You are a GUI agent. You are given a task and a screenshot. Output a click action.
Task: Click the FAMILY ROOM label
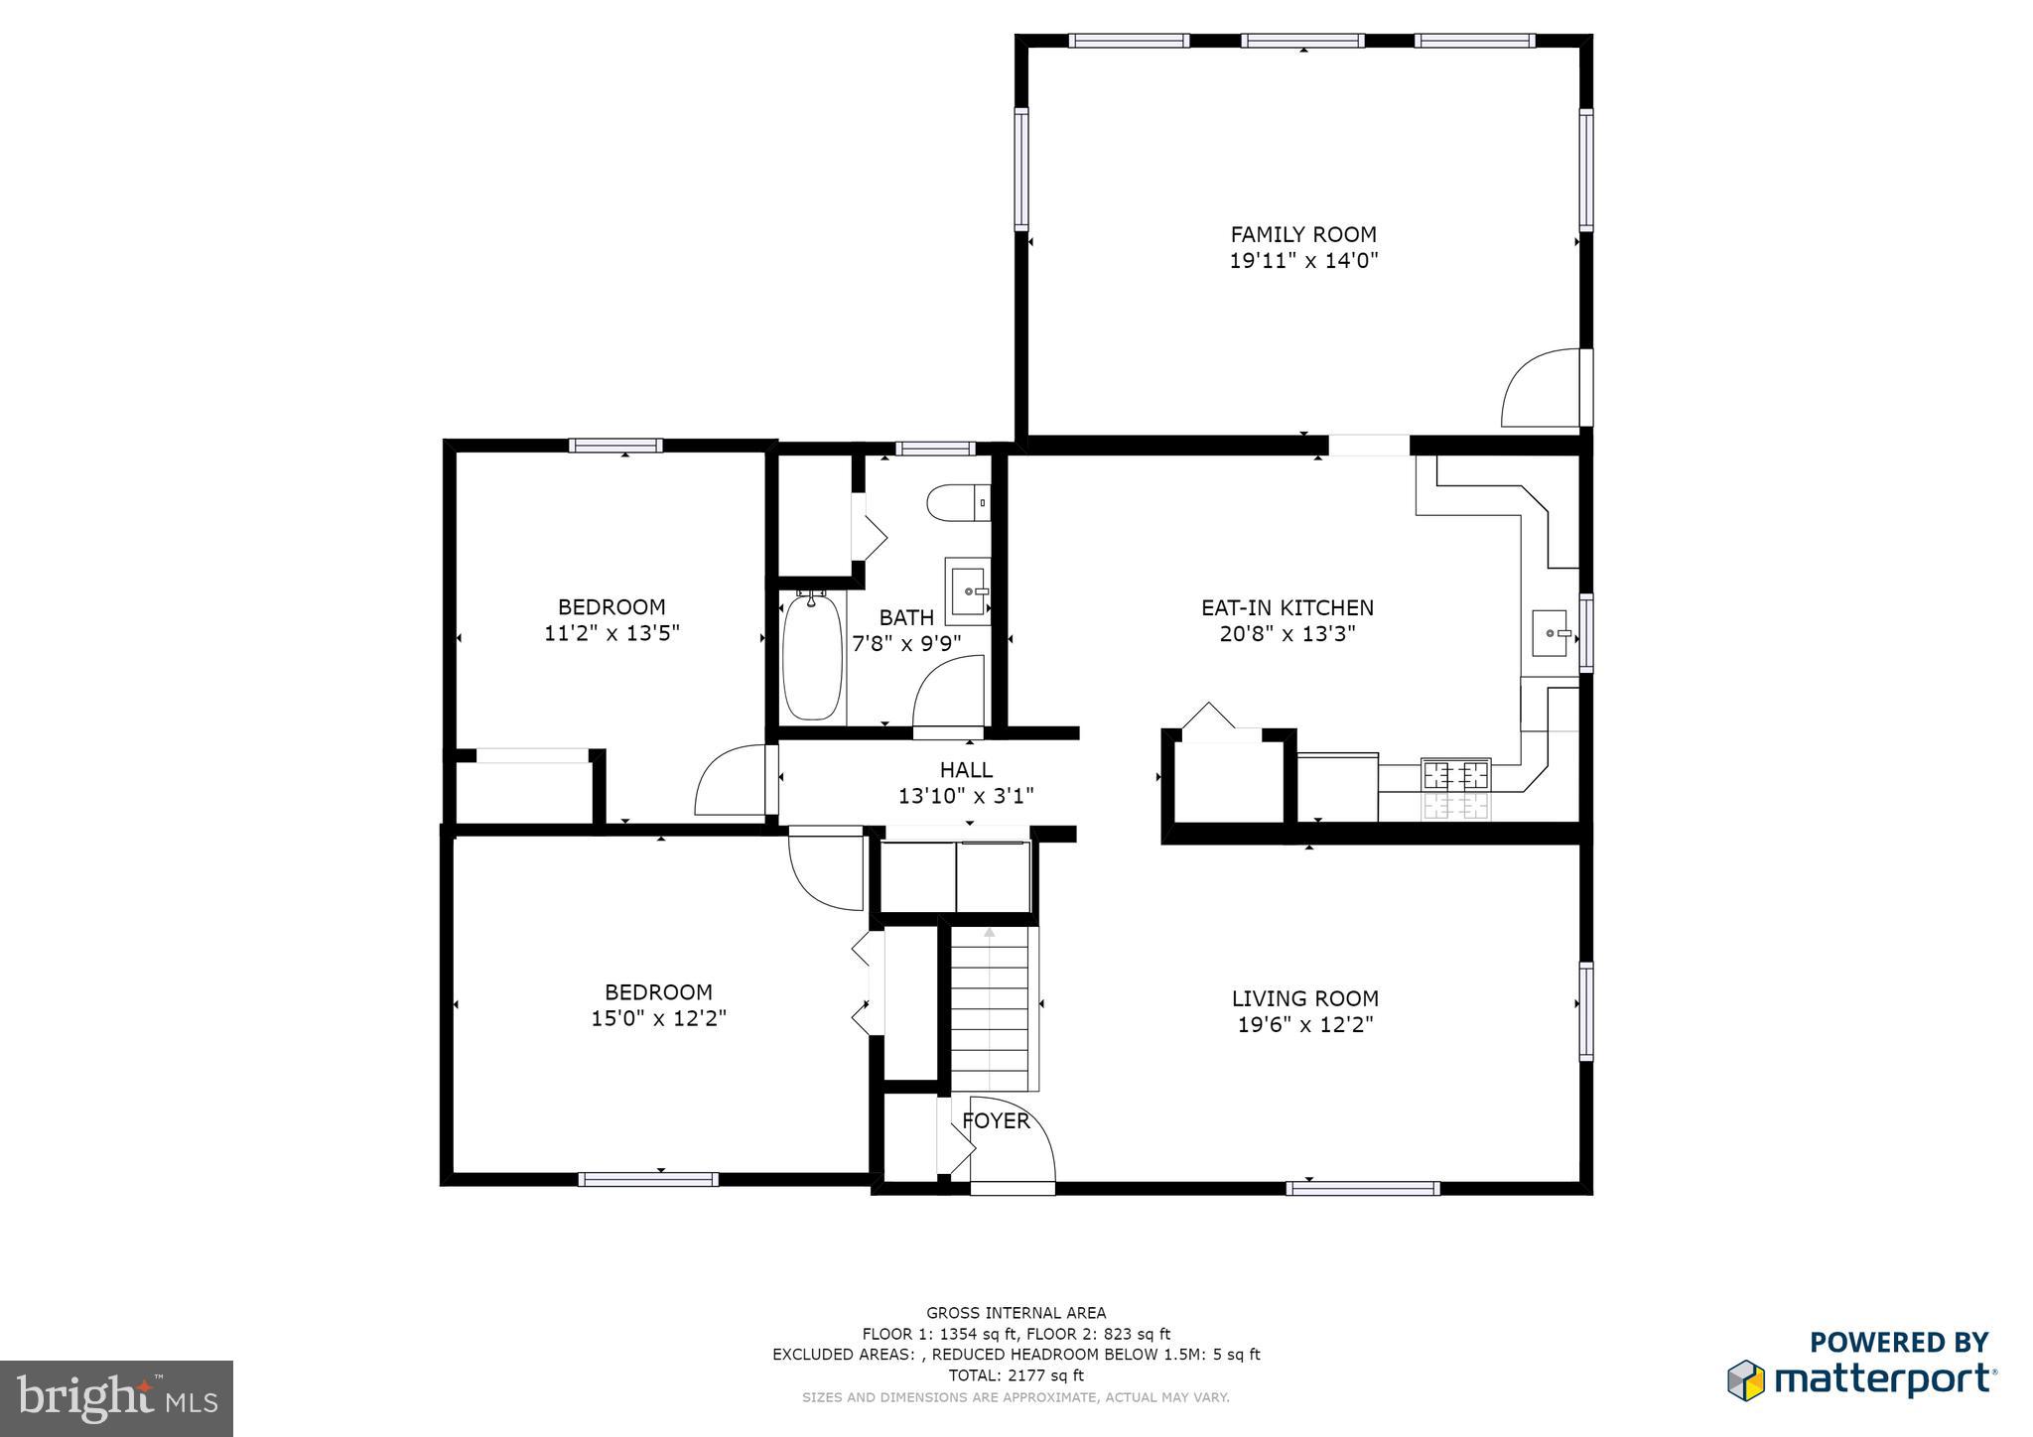click(x=1303, y=234)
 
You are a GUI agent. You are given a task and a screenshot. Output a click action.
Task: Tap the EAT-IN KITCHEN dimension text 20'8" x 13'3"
click(x=1288, y=634)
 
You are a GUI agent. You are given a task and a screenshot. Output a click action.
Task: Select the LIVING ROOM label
click(x=1305, y=998)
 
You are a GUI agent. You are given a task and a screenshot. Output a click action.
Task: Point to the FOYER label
click(x=996, y=1121)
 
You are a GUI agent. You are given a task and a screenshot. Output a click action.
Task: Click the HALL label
click(x=966, y=769)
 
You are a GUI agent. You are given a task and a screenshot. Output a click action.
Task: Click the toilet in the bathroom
click(x=959, y=503)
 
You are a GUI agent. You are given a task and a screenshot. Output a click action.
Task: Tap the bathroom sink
click(x=968, y=591)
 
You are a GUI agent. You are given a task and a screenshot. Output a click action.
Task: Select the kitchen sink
click(x=1550, y=634)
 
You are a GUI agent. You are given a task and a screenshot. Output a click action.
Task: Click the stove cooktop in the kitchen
click(x=1457, y=773)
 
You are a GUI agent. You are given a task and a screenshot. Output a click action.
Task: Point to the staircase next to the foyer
click(x=991, y=1008)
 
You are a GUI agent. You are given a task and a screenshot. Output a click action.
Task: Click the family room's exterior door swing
click(x=1541, y=388)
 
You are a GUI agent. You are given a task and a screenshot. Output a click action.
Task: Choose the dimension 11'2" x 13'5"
click(x=611, y=633)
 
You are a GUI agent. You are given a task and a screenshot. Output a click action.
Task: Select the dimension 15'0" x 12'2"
click(x=659, y=1018)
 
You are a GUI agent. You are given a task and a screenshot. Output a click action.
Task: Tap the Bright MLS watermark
click(x=117, y=1397)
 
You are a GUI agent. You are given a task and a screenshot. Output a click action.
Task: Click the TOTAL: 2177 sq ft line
click(x=1016, y=1375)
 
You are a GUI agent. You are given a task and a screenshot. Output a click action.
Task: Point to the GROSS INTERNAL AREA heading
click(x=1016, y=1313)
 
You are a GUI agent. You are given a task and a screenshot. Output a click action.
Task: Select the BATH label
click(x=906, y=617)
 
